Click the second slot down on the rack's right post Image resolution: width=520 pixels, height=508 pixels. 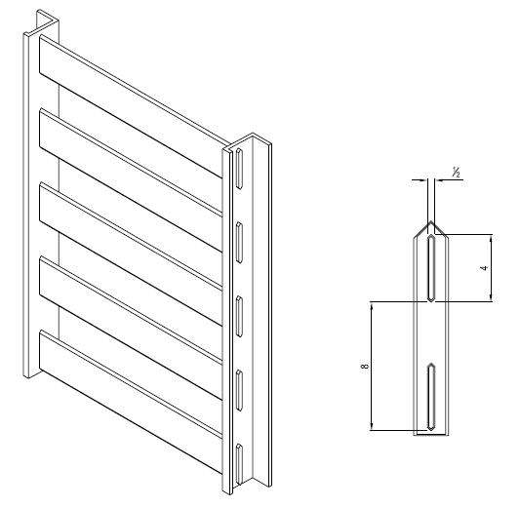click(x=238, y=236)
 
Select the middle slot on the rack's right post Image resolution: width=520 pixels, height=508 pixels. click(x=238, y=307)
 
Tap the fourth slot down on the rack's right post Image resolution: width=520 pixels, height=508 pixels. click(x=238, y=382)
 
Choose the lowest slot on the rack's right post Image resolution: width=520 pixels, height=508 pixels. click(x=238, y=458)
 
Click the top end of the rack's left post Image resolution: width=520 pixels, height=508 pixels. click(x=45, y=21)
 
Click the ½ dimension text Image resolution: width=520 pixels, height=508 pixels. click(x=455, y=173)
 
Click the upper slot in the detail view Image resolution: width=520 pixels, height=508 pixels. click(x=430, y=268)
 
